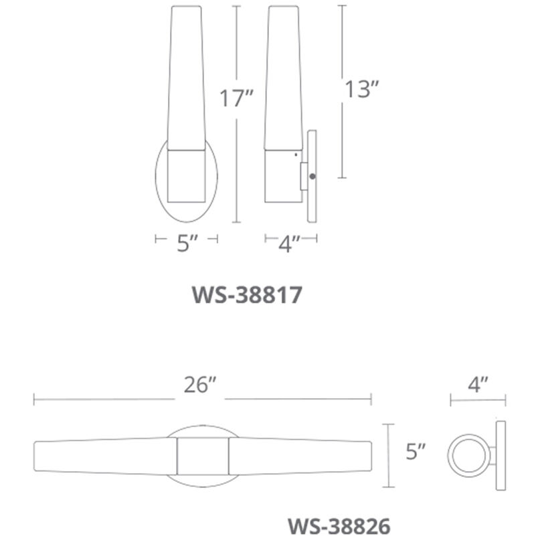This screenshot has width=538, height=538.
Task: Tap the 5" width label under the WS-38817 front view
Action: (x=185, y=244)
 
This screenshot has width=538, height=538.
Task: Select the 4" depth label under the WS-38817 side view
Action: (x=289, y=244)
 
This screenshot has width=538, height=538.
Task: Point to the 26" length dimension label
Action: (x=201, y=387)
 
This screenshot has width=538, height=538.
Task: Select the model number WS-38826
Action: (x=339, y=523)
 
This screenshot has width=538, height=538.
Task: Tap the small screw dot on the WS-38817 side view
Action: (x=313, y=176)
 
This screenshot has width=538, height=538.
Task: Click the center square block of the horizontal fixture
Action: (x=202, y=458)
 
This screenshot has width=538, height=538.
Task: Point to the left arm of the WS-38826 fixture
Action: (x=104, y=458)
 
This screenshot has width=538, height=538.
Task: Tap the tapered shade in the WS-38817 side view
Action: (x=282, y=80)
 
